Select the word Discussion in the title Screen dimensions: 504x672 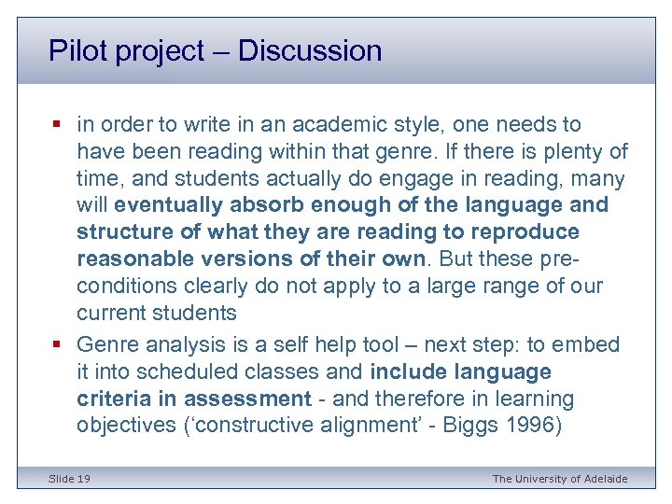(x=310, y=50)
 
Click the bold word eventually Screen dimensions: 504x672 (x=175, y=205)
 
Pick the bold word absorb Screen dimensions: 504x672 (x=275, y=205)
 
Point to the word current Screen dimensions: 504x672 (x=111, y=313)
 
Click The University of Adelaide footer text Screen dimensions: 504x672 (x=560, y=479)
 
